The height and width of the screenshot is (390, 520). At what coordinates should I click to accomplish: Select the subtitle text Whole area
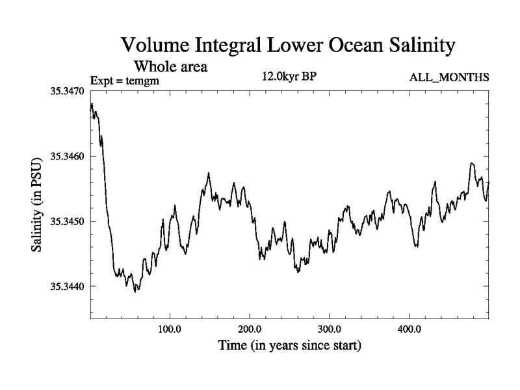(x=170, y=66)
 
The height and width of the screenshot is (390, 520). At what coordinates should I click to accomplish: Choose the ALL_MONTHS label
(x=449, y=78)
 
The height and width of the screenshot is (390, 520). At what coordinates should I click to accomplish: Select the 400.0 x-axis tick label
(x=409, y=328)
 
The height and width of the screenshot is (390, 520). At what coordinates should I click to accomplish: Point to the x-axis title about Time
(x=289, y=345)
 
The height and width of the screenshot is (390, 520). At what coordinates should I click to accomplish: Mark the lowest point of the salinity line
(x=135, y=292)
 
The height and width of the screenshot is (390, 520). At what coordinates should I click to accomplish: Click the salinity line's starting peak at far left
(x=92, y=104)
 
